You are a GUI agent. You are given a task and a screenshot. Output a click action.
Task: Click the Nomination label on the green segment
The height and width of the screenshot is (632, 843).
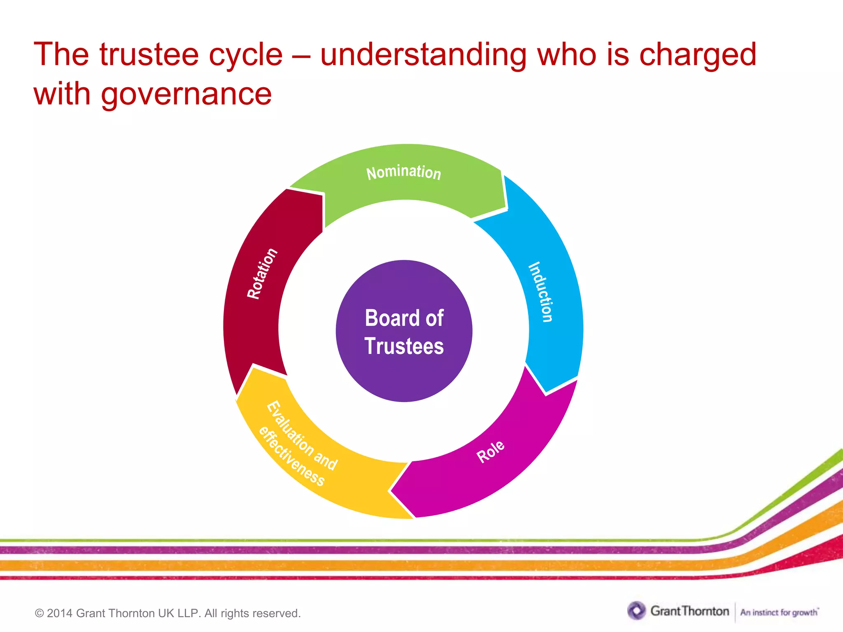point(403,172)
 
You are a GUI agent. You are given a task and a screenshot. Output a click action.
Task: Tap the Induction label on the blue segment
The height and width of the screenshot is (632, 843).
point(541,292)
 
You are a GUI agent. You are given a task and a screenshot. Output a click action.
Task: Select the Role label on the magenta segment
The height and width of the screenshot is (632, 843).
point(490,451)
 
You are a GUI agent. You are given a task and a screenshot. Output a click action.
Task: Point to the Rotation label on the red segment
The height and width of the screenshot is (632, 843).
point(262,274)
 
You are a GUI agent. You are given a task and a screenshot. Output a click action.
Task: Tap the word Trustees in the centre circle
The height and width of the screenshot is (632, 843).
point(404,346)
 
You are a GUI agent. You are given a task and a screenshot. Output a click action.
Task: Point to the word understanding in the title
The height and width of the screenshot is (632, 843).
point(423,54)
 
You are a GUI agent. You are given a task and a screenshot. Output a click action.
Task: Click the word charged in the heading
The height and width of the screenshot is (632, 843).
point(697,54)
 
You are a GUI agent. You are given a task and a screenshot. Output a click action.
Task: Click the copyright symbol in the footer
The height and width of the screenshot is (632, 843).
point(40,613)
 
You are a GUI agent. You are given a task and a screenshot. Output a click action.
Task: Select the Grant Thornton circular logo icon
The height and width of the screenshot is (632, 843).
point(636,611)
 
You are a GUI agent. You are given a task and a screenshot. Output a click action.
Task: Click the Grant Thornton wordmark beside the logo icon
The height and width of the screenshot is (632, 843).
point(689,611)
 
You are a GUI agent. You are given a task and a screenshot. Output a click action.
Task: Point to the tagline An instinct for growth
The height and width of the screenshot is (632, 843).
point(779,612)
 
